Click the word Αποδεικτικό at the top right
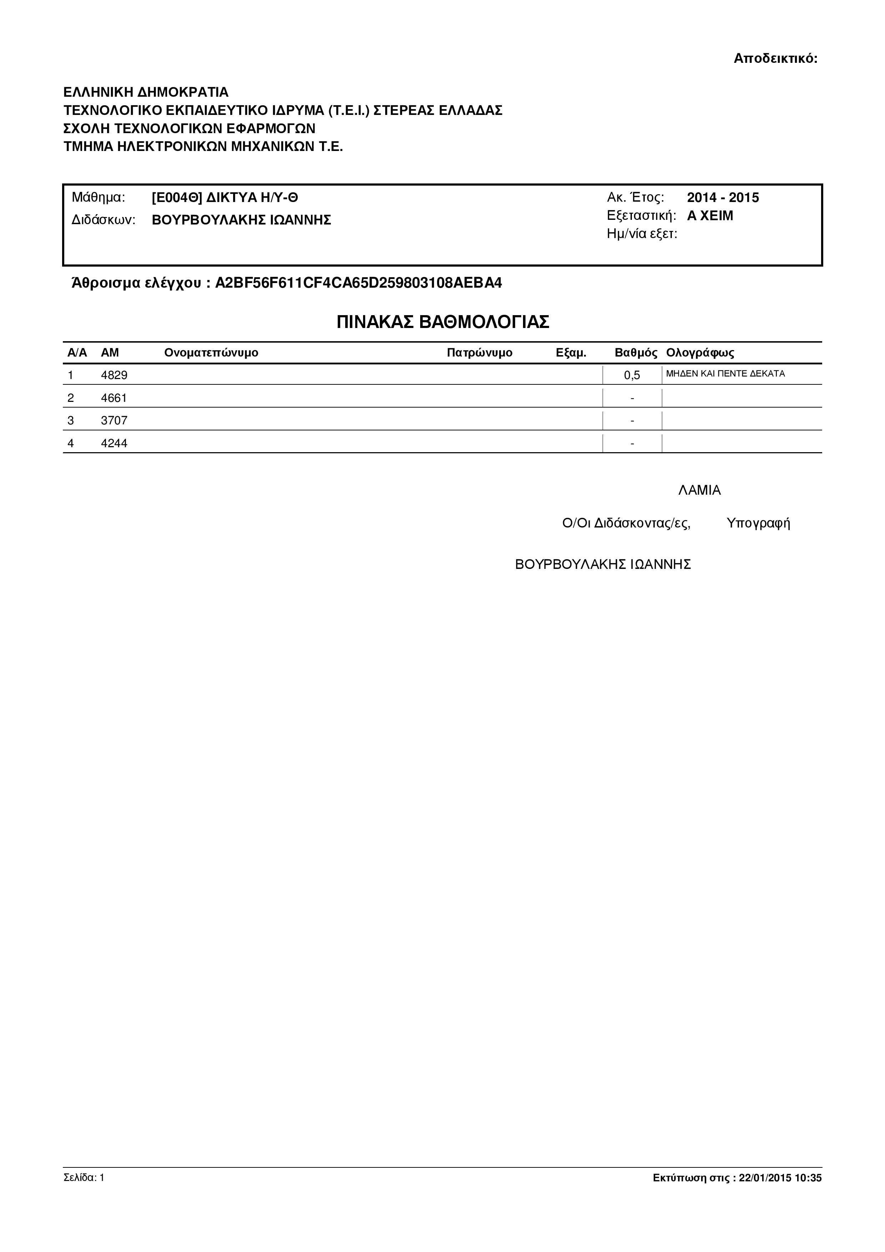click(x=775, y=58)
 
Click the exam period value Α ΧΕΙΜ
click(x=710, y=216)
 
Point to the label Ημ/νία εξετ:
click(x=642, y=234)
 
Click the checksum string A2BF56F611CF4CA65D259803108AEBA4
click(x=358, y=283)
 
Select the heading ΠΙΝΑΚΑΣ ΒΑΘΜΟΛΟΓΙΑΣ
click(x=442, y=322)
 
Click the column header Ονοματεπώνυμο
click(x=211, y=353)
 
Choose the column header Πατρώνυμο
click(x=479, y=353)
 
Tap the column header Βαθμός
click(x=636, y=353)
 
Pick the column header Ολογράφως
click(x=700, y=353)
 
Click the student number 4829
click(x=114, y=375)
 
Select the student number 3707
click(x=114, y=420)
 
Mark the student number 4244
click(x=114, y=443)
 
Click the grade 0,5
click(x=632, y=375)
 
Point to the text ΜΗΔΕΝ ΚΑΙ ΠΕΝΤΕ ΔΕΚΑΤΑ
click(x=725, y=374)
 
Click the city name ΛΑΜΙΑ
click(x=700, y=490)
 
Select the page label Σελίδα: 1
click(x=84, y=1177)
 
